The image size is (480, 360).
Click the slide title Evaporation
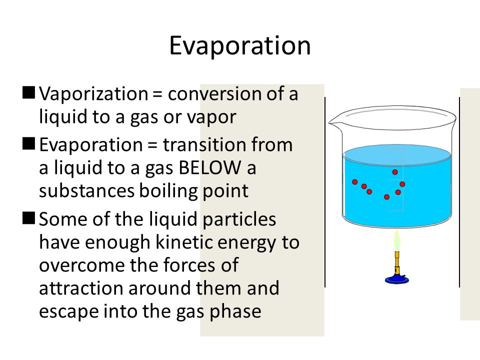[240, 45]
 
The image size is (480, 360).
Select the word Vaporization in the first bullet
[93, 94]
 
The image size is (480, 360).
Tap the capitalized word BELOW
[210, 168]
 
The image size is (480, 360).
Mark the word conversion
[214, 94]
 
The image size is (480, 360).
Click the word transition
[204, 145]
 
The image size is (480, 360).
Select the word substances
[86, 190]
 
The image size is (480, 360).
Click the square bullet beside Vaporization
[29, 93]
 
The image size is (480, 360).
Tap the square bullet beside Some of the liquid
[29, 218]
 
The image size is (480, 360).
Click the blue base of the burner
[396, 279]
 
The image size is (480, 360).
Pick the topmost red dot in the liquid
[395, 172]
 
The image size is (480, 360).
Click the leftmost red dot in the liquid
[355, 182]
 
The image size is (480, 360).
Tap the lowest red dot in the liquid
[386, 197]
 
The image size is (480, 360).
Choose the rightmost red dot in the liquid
[402, 184]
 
